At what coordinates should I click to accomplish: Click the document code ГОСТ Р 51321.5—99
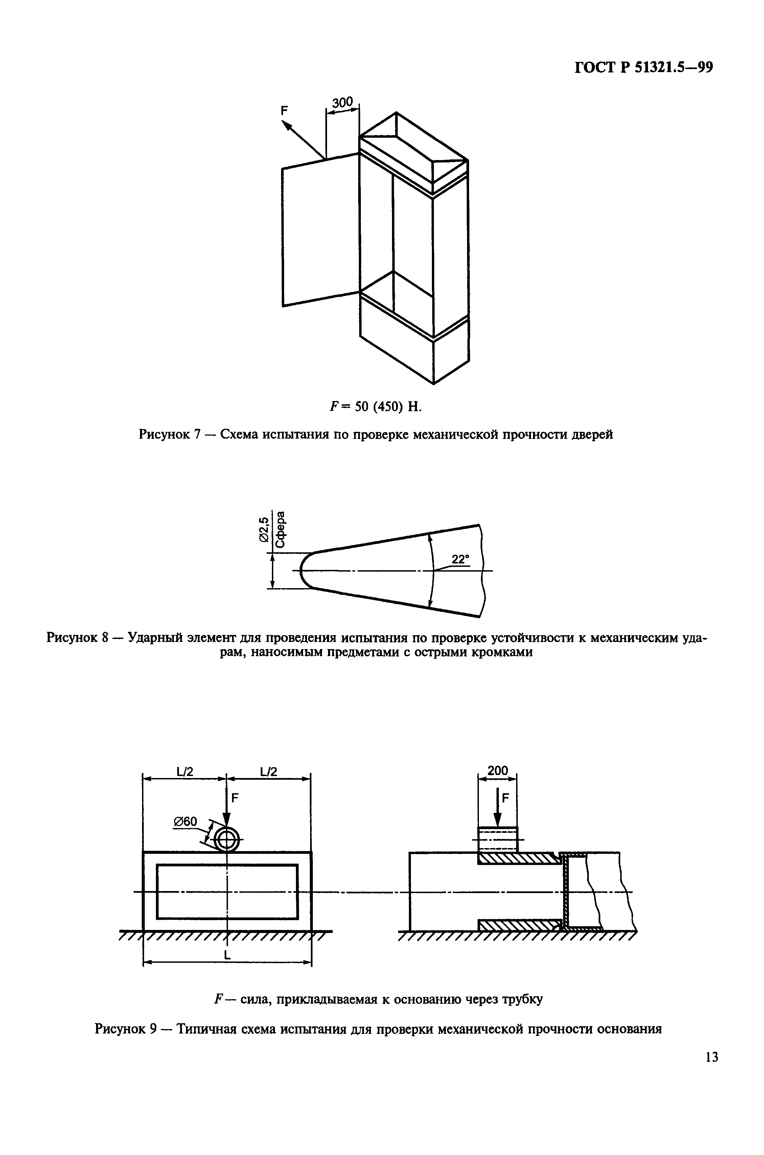click(x=644, y=67)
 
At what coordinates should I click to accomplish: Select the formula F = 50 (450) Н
click(x=374, y=406)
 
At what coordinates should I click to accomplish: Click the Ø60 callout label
click(x=185, y=822)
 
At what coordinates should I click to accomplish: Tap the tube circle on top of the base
click(x=227, y=840)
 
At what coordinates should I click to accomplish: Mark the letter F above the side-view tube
click(x=505, y=798)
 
